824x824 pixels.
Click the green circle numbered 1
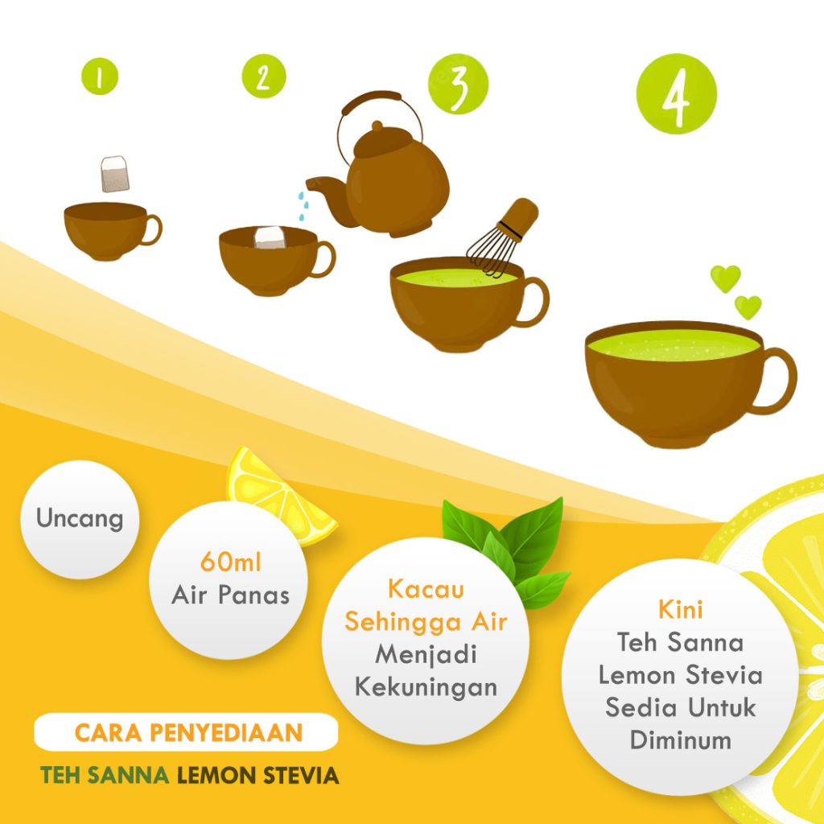[99, 76]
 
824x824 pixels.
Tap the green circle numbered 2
[263, 76]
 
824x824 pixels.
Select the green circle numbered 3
[458, 84]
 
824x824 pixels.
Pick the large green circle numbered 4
[676, 93]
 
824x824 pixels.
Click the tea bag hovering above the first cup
[114, 174]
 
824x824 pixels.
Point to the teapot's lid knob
[377, 126]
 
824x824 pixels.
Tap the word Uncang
[80, 519]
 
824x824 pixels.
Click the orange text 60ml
[230, 562]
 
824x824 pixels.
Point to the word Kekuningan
[426, 687]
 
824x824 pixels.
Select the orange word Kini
[680, 610]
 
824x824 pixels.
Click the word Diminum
[680, 740]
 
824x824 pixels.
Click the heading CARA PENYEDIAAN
[188, 732]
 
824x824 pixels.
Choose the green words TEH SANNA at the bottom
[105, 775]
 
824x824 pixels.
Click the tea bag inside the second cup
[270, 237]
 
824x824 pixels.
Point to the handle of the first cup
[152, 229]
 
